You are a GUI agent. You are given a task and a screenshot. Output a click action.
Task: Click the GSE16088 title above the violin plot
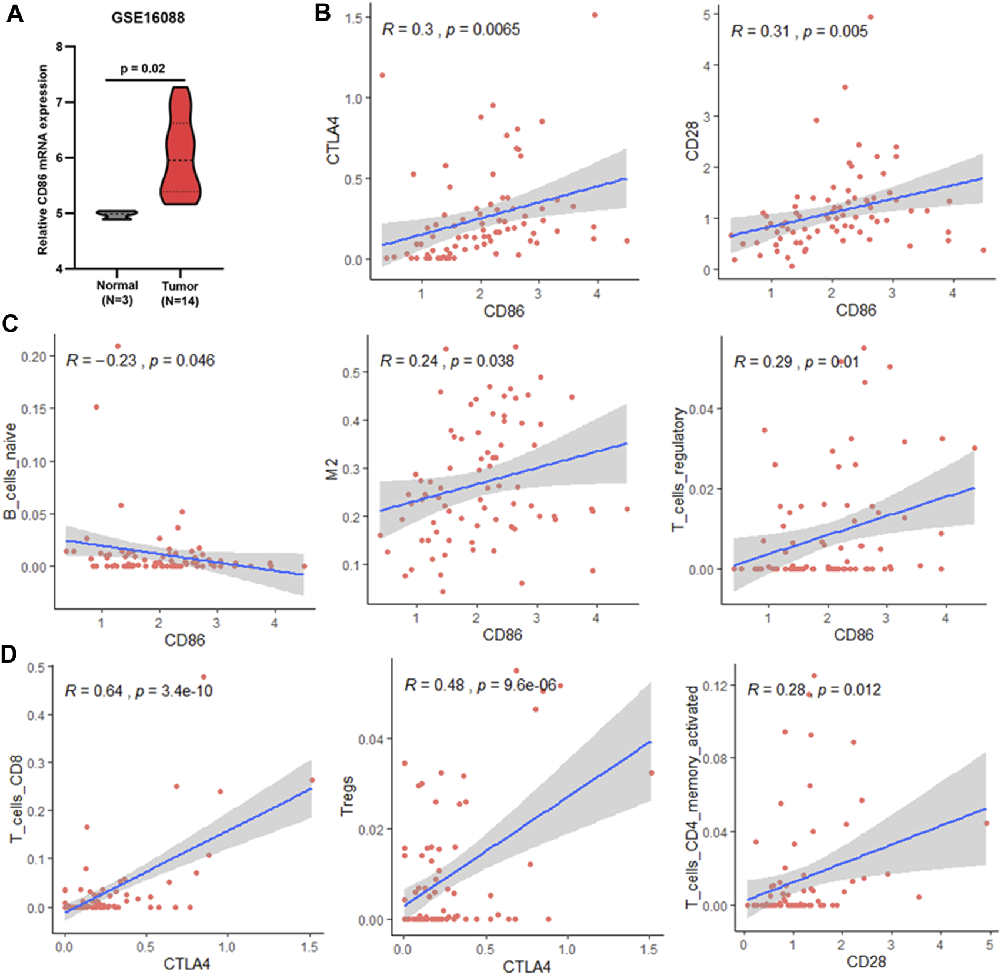148,18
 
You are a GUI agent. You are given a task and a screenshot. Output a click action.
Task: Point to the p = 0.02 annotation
142,69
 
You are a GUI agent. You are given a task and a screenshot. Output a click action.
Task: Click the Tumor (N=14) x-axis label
180,294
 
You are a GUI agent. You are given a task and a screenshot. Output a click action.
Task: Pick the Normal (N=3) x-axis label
117,293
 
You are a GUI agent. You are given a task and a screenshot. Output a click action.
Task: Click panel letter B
322,12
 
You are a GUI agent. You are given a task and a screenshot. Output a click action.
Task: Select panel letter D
10,654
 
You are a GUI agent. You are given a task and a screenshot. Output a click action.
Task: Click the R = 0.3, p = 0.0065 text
451,29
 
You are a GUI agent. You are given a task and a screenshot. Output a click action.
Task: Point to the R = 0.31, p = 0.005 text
799,31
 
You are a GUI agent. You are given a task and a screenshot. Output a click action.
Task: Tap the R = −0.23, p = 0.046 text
140,360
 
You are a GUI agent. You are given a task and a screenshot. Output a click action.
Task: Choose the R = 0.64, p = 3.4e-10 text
138,690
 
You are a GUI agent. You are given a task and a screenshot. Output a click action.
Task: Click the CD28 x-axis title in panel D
866,961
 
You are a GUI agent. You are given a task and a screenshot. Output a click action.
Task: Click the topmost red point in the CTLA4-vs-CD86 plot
595,15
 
